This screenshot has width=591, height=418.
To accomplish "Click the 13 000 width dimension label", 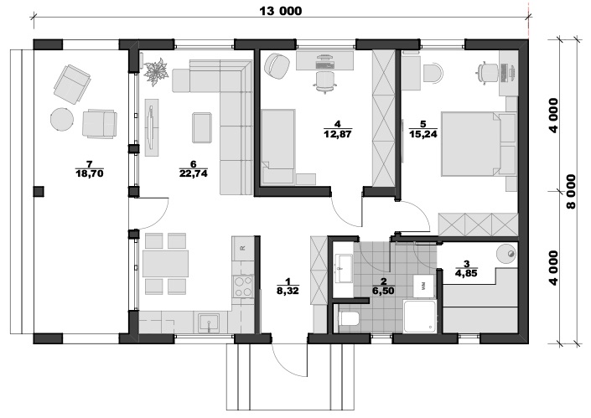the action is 281,11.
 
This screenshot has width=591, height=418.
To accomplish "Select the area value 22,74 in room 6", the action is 194,173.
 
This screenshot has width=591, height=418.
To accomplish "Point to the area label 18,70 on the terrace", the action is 90,173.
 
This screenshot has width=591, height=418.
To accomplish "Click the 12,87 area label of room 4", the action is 338,133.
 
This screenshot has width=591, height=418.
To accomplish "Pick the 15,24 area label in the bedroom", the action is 423,133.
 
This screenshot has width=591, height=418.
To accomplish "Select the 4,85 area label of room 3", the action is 467,273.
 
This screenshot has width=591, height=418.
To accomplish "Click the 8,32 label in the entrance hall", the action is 288,291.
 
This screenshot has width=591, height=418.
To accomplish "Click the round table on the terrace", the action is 62,120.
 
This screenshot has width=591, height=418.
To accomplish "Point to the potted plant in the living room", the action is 156,71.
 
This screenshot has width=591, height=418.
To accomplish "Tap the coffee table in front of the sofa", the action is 202,127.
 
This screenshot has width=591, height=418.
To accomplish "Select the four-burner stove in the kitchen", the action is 243,286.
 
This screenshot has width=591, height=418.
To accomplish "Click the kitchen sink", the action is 209,322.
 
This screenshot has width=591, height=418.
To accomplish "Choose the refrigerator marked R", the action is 243,248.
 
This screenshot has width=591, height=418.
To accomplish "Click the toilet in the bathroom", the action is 348,318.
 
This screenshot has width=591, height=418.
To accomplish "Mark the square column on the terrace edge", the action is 39,191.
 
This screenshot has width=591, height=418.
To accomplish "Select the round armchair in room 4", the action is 277,65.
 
